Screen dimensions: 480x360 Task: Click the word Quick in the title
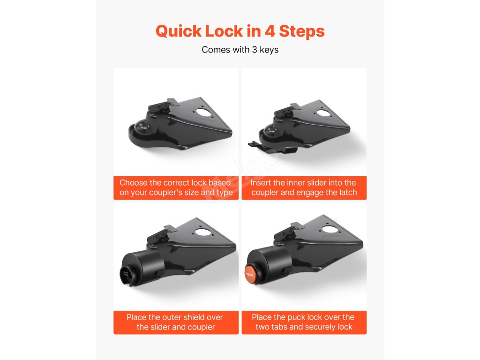[x=179, y=31]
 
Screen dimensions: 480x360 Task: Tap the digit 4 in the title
[x=270, y=31]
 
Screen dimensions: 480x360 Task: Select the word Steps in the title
[x=301, y=31]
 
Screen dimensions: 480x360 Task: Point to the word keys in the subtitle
[x=269, y=50]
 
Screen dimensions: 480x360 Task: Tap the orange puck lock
[x=250, y=274]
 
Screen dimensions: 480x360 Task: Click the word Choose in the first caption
[x=134, y=183]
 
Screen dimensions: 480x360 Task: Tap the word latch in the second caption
[x=347, y=193]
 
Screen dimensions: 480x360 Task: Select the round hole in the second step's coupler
[x=323, y=113]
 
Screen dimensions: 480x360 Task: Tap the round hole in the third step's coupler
[x=202, y=232]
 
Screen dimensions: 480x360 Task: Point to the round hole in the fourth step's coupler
[x=329, y=229]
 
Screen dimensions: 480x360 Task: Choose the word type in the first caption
[x=225, y=193]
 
